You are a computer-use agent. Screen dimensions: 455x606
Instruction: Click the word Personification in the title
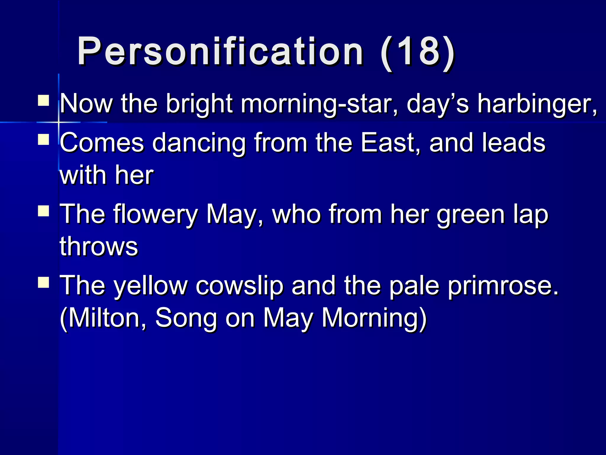[x=220, y=51]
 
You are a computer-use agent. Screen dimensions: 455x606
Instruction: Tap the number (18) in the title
[x=417, y=51]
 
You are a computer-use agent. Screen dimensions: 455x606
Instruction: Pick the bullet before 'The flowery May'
[x=43, y=211]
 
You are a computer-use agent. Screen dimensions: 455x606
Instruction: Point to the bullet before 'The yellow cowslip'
[x=43, y=282]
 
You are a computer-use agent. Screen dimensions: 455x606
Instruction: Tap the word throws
[x=99, y=246]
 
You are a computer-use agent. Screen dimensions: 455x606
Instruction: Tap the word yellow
[x=151, y=286]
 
